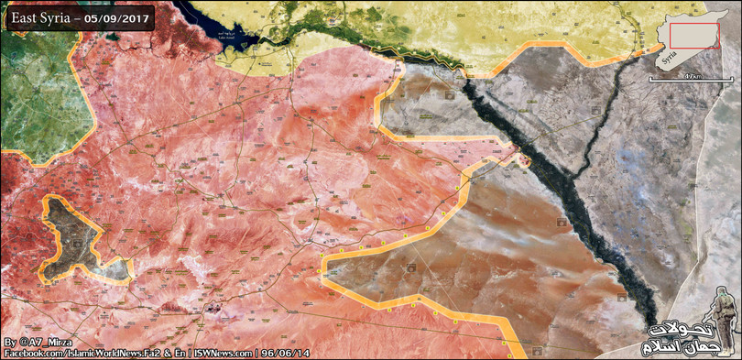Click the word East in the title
click(x=27, y=18)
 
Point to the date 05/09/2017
click(x=122, y=18)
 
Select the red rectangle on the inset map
click(x=694, y=36)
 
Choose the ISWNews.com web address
click(x=224, y=353)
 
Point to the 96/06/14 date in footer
click(x=286, y=353)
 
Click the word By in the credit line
click(x=10, y=341)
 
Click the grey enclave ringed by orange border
click(x=82, y=234)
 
